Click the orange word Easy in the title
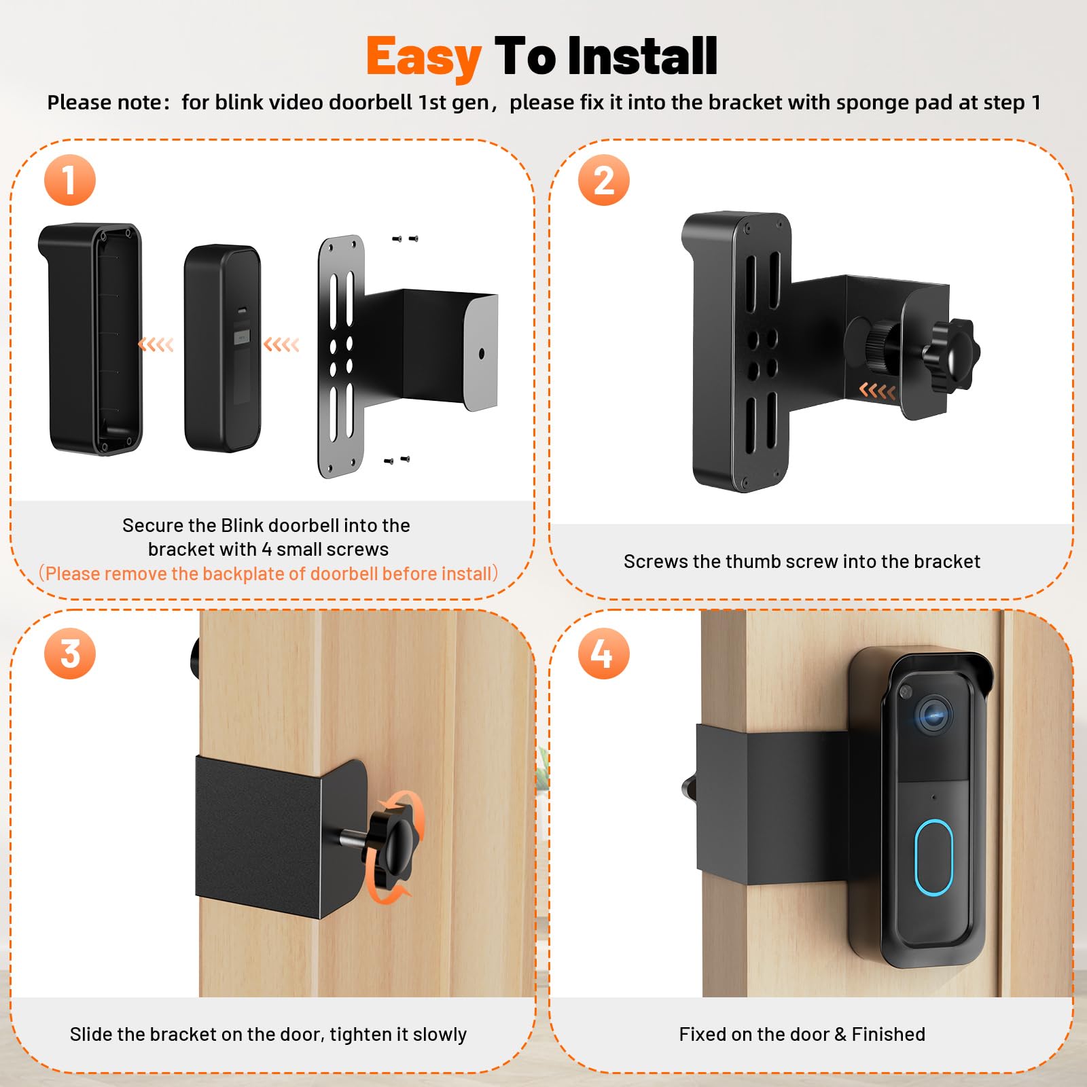click(x=424, y=57)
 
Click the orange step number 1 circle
click(x=69, y=180)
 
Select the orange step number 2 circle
click(x=603, y=180)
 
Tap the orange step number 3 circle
click(x=69, y=654)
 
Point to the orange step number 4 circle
click(x=603, y=654)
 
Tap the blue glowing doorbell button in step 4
click(x=933, y=857)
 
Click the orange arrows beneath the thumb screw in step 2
click(x=877, y=391)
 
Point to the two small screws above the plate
click(x=405, y=238)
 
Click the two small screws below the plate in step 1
click(x=397, y=461)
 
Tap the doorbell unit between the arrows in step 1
click(x=222, y=348)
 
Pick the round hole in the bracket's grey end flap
click(x=482, y=353)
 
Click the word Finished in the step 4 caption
click(x=888, y=1034)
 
